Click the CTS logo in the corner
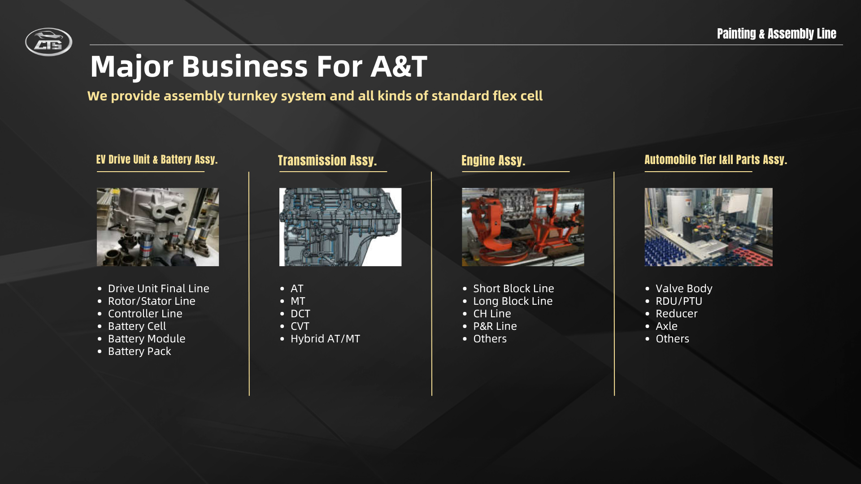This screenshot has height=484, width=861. pos(48,42)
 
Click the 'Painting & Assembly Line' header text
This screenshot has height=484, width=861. pos(776,34)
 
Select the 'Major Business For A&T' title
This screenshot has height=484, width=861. pos(259,66)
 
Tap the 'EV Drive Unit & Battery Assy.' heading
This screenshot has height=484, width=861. pos(157,160)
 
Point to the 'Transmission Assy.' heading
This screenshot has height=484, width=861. pos(327,160)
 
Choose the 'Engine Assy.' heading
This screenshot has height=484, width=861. pos(493,160)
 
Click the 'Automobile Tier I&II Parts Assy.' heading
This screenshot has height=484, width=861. pos(716,160)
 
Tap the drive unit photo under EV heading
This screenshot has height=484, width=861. pos(158,227)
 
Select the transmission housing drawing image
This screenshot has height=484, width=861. pos(340,227)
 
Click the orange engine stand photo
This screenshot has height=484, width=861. pos(523,227)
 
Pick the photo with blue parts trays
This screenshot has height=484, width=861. pos(709,227)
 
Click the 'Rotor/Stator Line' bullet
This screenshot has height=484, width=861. pos(152,301)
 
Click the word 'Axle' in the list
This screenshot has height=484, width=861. pos(666,326)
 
